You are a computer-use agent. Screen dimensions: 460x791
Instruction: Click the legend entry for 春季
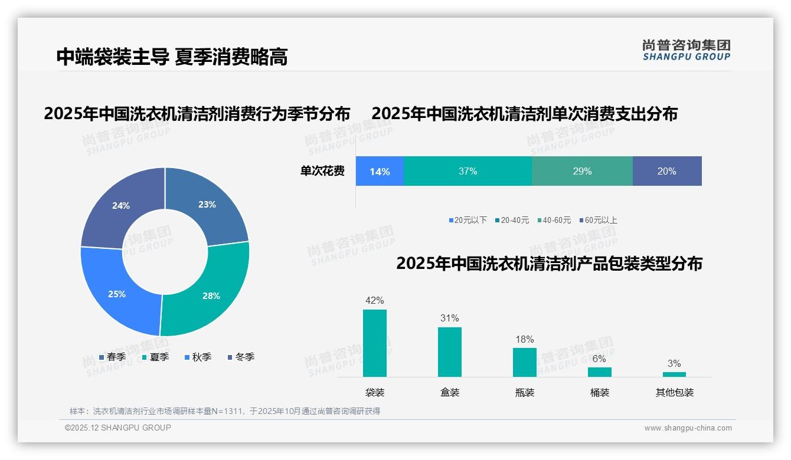pyautogui.click(x=112, y=357)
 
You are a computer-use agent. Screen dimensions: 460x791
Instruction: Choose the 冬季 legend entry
pyautogui.click(x=241, y=357)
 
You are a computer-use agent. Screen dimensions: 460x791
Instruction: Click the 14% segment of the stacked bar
pyautogui.click(x=380, y=172)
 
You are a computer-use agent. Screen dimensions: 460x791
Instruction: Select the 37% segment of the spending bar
pyautogui.click(x=468, y=172)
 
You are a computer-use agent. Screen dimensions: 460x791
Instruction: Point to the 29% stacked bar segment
pyautogui.click(x=582, y=172)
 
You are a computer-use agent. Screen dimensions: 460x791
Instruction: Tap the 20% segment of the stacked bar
pyautogui.click(x=667, y=172)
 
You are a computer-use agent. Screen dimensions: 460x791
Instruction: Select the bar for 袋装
pyautogui.click(x=375, y=343)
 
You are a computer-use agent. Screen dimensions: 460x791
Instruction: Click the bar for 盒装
pyautogui.click(x=450, y=352)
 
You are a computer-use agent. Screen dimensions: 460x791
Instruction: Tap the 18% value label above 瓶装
pyautogui.click(x=524, y=339)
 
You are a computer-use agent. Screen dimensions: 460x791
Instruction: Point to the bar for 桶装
pyautogui.click(x=600, y=372)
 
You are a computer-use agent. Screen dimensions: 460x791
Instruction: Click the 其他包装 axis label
pyautogui.click(x=675, y=392)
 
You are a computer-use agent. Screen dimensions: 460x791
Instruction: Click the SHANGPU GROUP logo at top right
pyautogui.click(x=687, y=50)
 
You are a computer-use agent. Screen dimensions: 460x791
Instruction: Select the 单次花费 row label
pyautogui.click(x=322, y=172)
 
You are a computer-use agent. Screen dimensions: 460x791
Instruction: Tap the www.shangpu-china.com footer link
pyautogui.click(x=688, y=428)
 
